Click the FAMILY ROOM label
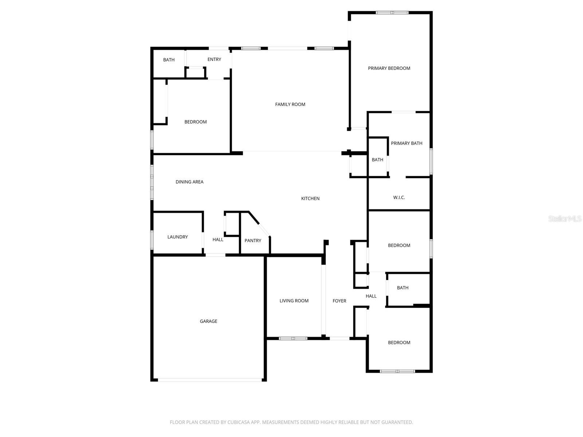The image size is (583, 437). [290, 105]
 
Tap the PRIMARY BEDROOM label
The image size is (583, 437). [389, 68]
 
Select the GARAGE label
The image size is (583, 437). [208, 321]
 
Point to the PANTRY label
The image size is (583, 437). [253, 241]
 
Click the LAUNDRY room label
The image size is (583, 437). [177, 237]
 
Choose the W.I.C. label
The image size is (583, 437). [399, 198]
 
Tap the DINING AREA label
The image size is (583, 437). [189, 182]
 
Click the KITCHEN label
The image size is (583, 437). [310, 198]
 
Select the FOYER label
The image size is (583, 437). [339, 301]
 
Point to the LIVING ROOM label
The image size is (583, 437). [294, 301]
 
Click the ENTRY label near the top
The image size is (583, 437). [214, 60]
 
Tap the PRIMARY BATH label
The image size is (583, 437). [407, 143]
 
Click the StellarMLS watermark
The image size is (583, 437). [564, 219]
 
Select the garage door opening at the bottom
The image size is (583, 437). [210, 380]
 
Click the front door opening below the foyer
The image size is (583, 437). [340, 338]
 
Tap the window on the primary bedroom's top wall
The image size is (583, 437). [392, 13]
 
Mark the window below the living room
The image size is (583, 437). [293, 338]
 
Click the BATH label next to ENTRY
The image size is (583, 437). [169, 60]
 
